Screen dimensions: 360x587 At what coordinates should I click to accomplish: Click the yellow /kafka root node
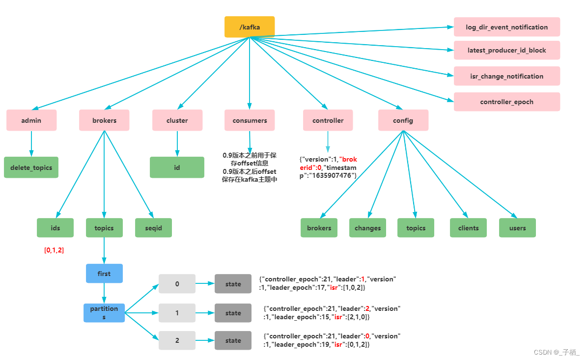click(x=250, y=27)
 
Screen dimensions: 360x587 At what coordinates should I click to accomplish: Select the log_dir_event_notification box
click(x=506, y=27)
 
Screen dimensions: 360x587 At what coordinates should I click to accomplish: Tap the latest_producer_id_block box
click(x=506, y=50)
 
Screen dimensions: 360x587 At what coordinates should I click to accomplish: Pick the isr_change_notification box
click(x=506, y=76)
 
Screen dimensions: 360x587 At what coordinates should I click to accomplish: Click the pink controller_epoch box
click(x=506, y=102)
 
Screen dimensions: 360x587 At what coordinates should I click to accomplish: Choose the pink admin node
click(x=31, y=120)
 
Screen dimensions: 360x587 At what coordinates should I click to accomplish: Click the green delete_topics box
click(x=31, y=167)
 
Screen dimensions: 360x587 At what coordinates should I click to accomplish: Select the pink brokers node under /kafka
click(x=104, y=120)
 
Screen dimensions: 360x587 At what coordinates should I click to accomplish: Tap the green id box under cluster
click(x=177, y=167)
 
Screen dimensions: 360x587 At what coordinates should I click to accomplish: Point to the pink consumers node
click(x=250, y=120)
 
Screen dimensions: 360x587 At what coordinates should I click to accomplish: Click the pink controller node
click(x=328, y=120)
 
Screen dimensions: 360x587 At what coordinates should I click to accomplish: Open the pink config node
click(x=403, y=120)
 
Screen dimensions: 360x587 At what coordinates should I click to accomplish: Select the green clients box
click(x=468, y=228)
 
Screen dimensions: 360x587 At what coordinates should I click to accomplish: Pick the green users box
click(x=517, y=228)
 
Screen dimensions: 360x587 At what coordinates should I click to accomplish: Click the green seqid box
click(x=153, y=228)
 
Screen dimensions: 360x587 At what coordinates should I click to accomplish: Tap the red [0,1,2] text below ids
click(x=54, y=250)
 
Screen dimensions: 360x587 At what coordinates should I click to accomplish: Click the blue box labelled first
click(x=104, y=274)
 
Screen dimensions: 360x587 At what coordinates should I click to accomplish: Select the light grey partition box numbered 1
click(x=177, y=313)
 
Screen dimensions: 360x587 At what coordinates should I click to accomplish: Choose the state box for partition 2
click(x=233, y=340)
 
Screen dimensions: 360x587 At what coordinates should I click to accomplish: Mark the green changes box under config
click(x=367, y=228)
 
